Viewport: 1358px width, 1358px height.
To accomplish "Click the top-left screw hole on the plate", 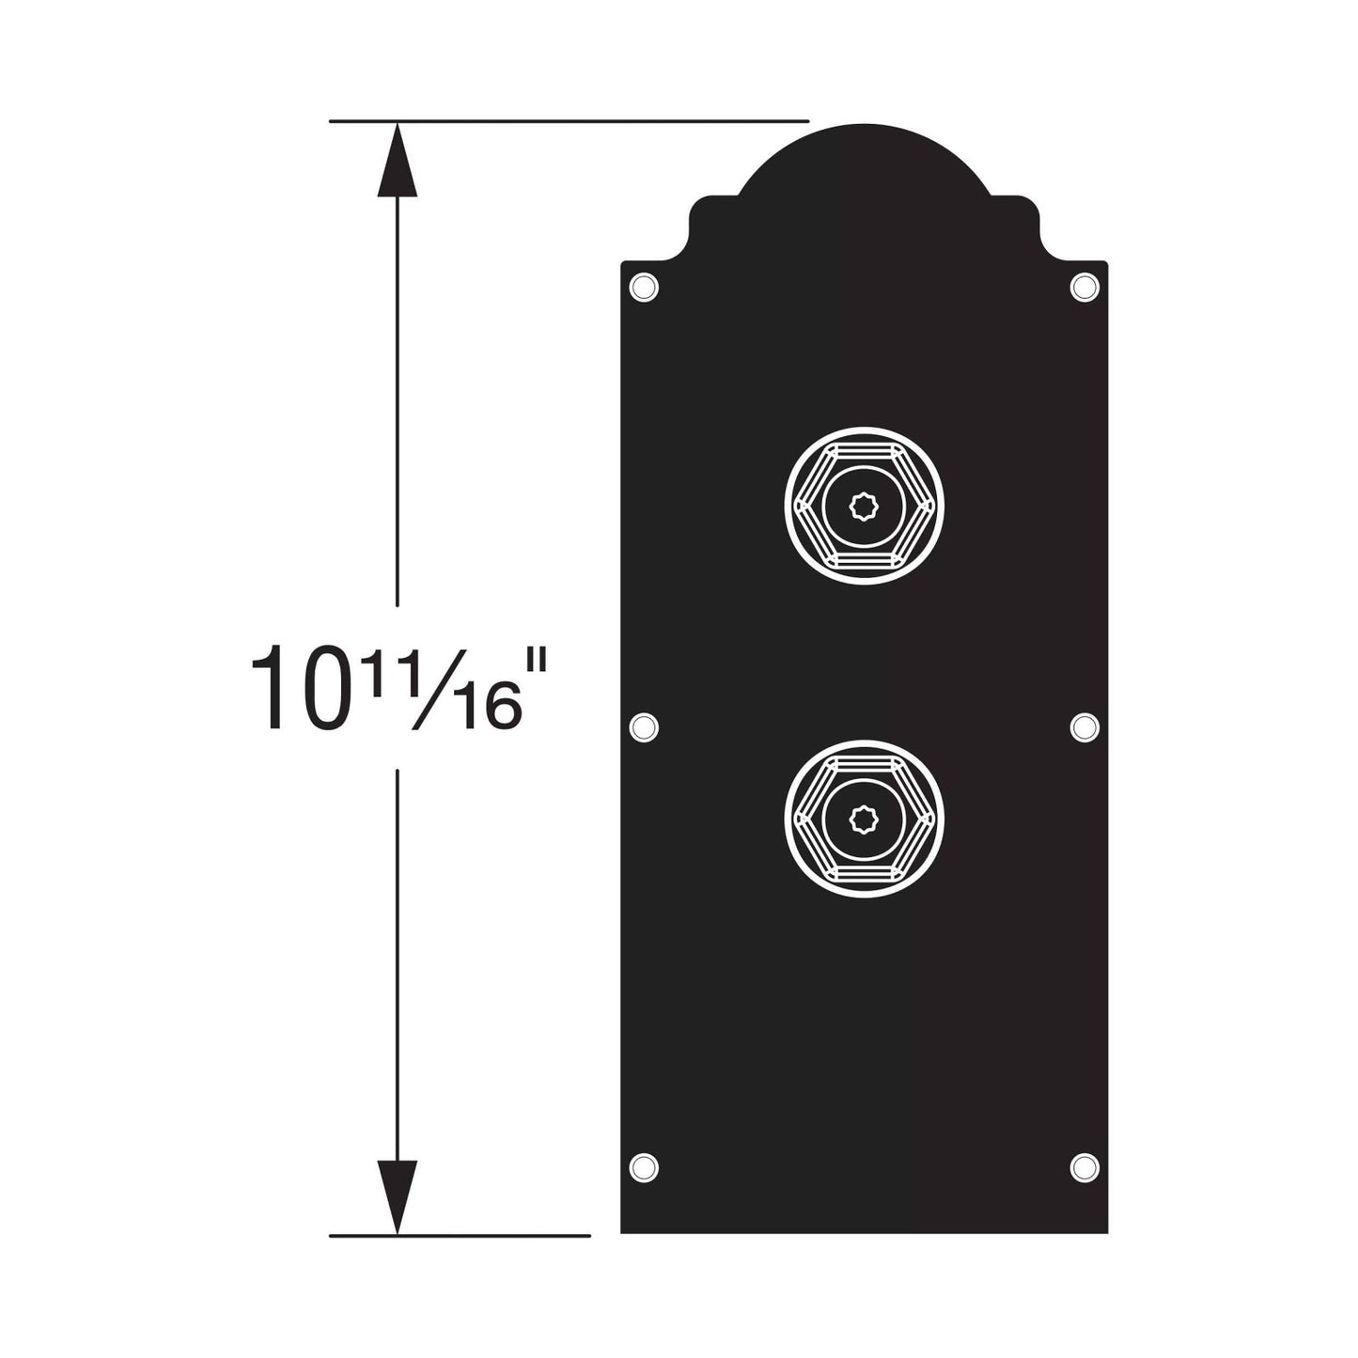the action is click(x=643, y=288).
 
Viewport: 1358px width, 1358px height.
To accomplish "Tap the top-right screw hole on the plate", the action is click(x=1084, y=288).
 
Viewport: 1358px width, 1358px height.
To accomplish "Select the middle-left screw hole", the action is click(x=643, y=727).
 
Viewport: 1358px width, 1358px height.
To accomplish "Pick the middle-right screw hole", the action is click(x=1084, y=727).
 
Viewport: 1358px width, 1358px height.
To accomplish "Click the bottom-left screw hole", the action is click(x=643, y=1168).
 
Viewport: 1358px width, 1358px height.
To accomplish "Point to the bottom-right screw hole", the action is click(x=1084, y=1168).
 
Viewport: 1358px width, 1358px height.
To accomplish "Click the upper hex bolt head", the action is click(x=864, y=506).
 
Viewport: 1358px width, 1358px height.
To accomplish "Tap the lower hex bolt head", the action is click(x=864, y=819).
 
